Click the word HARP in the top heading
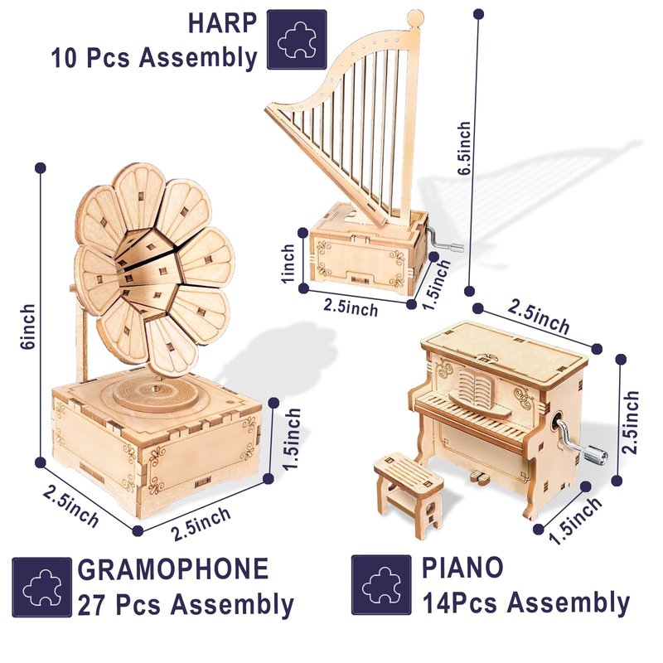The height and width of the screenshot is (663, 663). tap(222, 24)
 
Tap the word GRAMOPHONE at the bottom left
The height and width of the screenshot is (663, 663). tap(173, 569)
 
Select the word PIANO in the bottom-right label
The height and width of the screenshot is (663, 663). tap(462, 568)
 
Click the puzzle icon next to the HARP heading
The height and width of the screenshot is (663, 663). tap(297, 40)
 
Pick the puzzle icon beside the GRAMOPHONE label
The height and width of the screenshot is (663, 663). tap(42, 588)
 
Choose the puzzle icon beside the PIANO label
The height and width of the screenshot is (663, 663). tap(381, 585)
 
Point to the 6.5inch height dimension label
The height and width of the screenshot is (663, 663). tap(464, 148)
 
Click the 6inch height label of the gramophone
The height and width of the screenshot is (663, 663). tap(27, 326)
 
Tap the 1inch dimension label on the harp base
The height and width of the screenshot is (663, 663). tap(288, 264)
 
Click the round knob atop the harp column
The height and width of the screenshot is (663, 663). tap(415, 17)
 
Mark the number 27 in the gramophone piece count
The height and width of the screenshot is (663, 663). tap(92, 605)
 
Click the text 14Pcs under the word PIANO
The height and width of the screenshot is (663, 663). tap(460, 603)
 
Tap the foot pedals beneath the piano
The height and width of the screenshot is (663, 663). tap(480, 477)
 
